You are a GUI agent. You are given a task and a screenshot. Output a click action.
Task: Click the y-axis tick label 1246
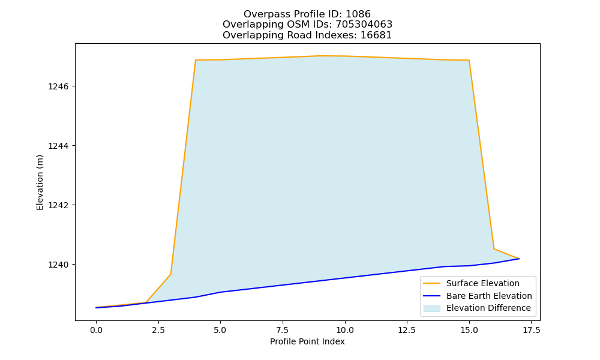pos(58,86)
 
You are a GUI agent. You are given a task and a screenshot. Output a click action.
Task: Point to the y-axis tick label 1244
pos(58,146)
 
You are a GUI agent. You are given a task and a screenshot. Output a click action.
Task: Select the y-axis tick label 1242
pos(58,205)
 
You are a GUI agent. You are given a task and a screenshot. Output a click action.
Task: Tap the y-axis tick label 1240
pos(58,265)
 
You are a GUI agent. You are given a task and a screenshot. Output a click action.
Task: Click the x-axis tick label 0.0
pos(96,331)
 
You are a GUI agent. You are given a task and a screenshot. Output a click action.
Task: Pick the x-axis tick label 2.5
pos(158,331)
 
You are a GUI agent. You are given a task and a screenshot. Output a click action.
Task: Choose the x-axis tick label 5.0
pos(220,331)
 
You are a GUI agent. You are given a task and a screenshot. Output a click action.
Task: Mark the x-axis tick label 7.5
pos(283,331)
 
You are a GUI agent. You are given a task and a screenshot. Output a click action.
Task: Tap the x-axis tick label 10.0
pos(345,331)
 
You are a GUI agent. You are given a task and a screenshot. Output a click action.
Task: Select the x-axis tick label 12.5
pos(407,331)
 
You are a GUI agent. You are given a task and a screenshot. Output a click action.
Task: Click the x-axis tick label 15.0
pos(469,331)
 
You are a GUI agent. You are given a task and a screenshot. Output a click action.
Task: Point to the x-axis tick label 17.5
pos(531,331)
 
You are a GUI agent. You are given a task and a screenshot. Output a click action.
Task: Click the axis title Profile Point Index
pos(307,341)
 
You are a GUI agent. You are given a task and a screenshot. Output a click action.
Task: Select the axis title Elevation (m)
pos(40,182)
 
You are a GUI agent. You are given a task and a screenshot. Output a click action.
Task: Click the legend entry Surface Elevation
pos(483,283)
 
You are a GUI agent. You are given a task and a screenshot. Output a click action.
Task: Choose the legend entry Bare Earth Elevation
pos(489,296)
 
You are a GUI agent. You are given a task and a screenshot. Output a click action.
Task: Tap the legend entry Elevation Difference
pos(488,308)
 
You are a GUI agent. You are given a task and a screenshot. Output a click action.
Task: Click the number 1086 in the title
pos(358,14)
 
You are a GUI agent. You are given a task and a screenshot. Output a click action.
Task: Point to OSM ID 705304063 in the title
pos(364,25)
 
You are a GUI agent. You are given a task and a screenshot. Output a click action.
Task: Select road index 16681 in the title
pos(376,35)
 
